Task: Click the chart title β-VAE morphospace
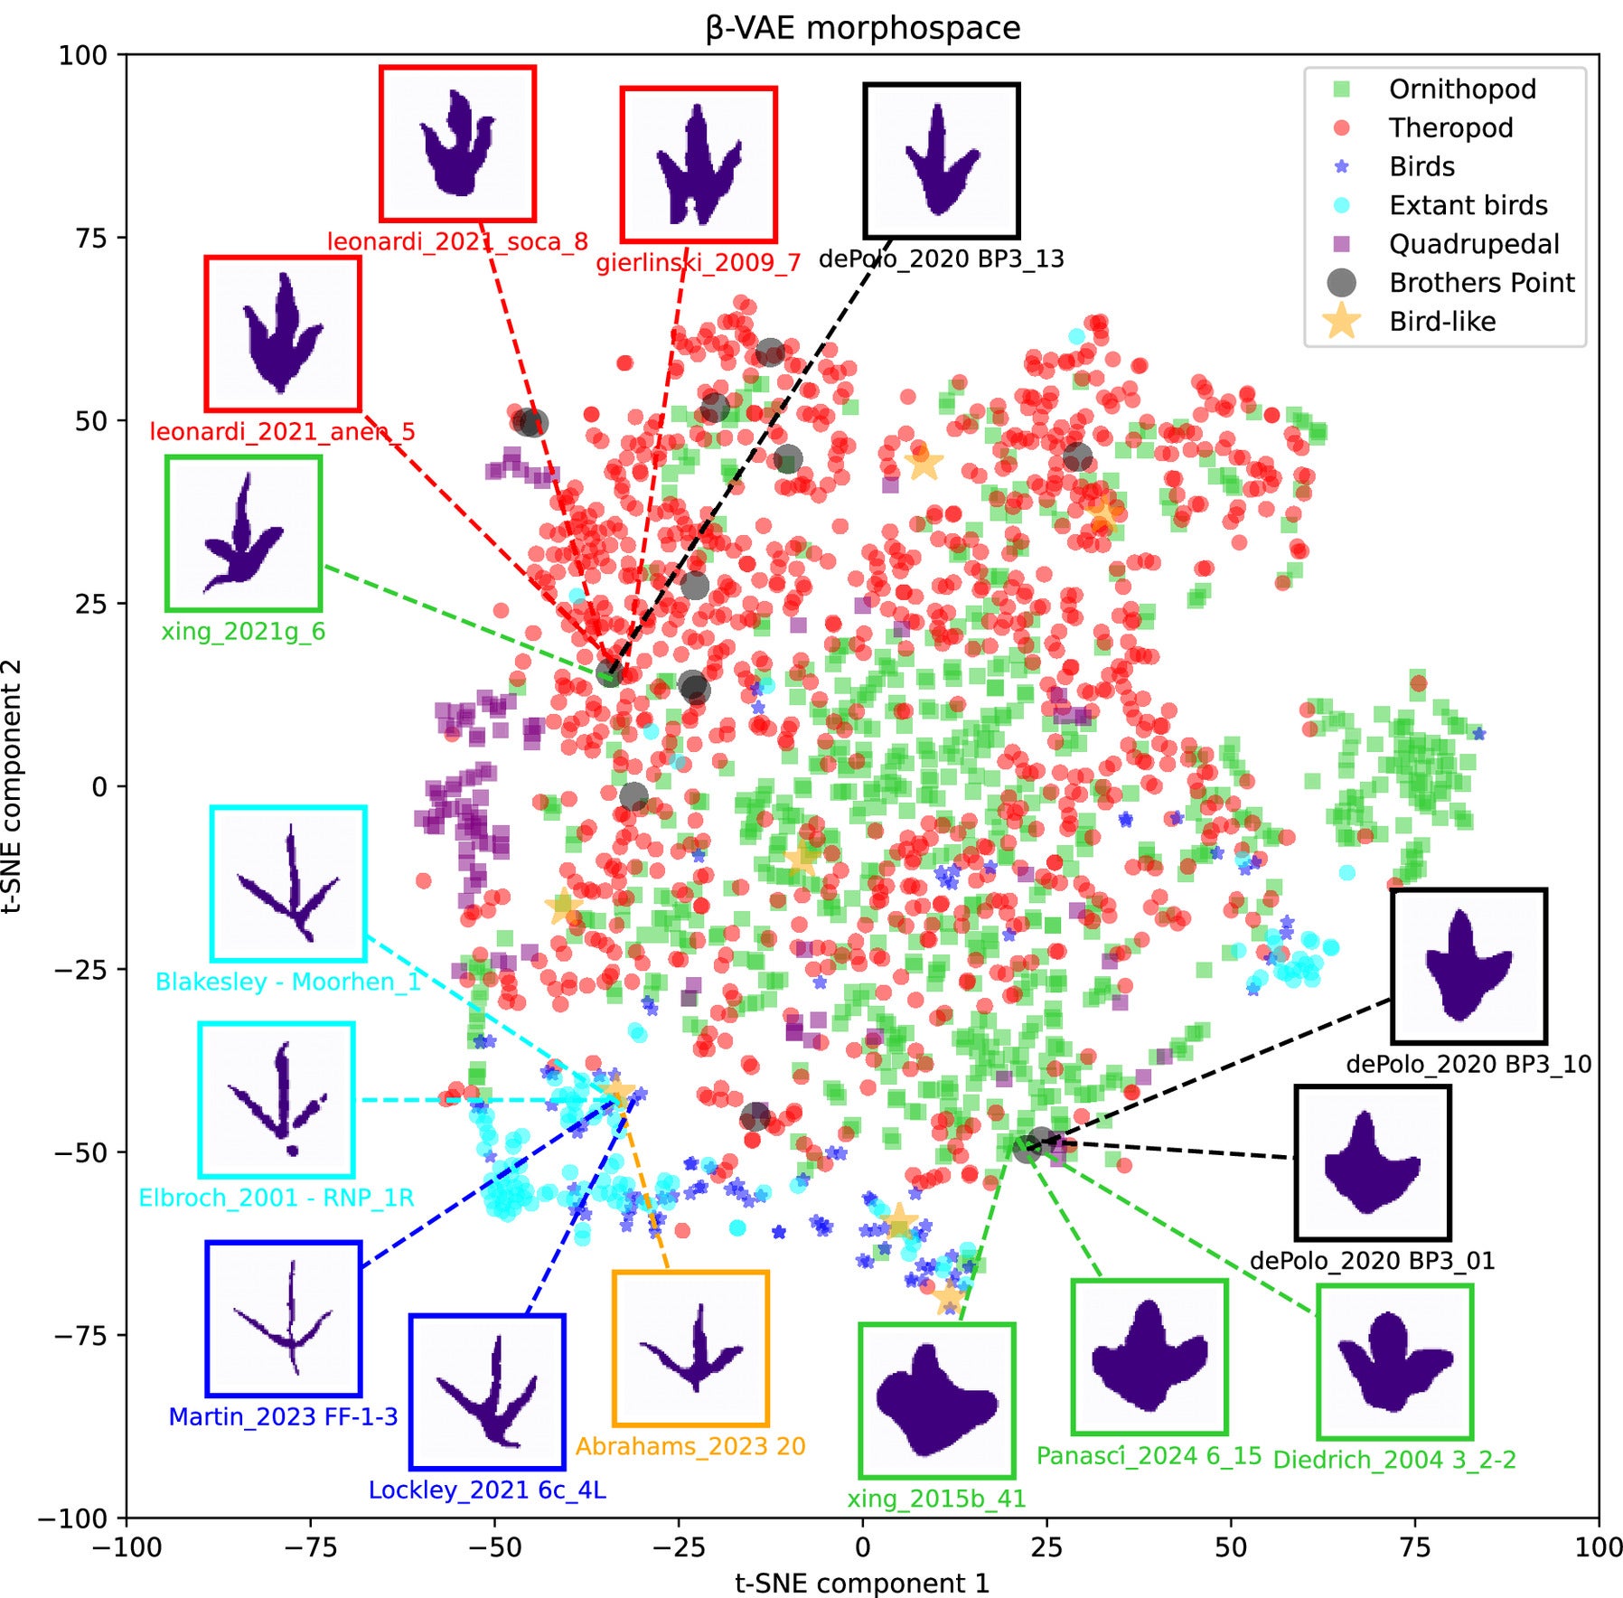pyautogui.click(x=862, y=28)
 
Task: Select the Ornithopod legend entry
pyautogui.click(x=1461, y=89)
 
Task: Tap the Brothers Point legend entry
pyautogui.click(x=1480, y=283)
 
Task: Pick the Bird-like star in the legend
pyautogui.click(x=1342, y=322)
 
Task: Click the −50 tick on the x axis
pyautogui.click(x=493, y=1546)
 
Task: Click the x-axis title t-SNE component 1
pyautogui.click(x=862, y=1583)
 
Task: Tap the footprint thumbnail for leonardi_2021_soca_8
pyautogui.click(x=457, y=144)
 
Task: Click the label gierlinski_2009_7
pyautogui.click(x=698, y=263)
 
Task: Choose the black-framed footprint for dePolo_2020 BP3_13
pyautogui.click(x=942, y=161)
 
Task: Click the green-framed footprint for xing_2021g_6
pyautogui.click(x=244, y=533)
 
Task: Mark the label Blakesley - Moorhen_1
pyautogui.click(x=288, y=982)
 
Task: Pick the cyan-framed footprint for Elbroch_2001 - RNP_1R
pyautogui.click(x=277, y=1100)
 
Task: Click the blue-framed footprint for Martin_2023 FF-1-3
pyautogui.click(x=284, y=1319)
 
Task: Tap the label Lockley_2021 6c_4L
pyautogui.click(x=487, y=1490)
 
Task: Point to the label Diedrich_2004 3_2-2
pyautogui.click(x=1393, y=1460)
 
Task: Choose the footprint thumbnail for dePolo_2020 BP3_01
pyautogui.click(x=1373, y=1162)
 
